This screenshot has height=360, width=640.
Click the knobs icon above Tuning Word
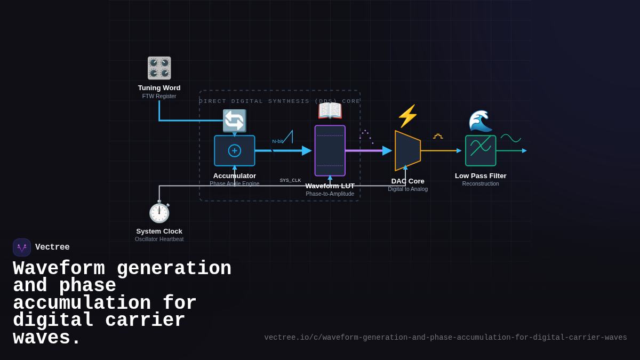(x=159, y=68)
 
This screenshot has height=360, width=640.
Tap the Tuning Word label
(x=159, y=88)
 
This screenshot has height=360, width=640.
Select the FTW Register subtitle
(x=159, y=97)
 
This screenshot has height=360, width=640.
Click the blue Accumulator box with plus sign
(x=235, y=151)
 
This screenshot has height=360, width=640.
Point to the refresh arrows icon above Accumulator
(x=234, y=121)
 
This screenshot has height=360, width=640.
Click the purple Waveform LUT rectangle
(x=330, y=150)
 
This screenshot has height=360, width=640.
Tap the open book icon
(x=330, y=111)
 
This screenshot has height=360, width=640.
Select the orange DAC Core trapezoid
(x=407, y=150)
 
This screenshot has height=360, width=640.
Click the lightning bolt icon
(x=407, y=116)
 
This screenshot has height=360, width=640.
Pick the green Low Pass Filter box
(x=481, y=150)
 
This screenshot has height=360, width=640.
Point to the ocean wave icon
(x=480, y=121)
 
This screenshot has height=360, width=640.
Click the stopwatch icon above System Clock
(x=159, y=212)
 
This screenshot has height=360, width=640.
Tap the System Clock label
(x=159, y=231)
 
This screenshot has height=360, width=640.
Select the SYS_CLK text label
(x=290, y=180)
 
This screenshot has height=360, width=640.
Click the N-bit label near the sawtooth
(x=277, y=141)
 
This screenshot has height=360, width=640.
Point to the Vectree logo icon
(x=22, y=247)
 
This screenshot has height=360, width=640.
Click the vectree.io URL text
(x=445, y=338)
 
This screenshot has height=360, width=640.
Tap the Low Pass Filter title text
(x=481, y=176)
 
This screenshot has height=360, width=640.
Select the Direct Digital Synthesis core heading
(x=279, y=101)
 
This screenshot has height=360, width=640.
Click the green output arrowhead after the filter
(x=524, y=151)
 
